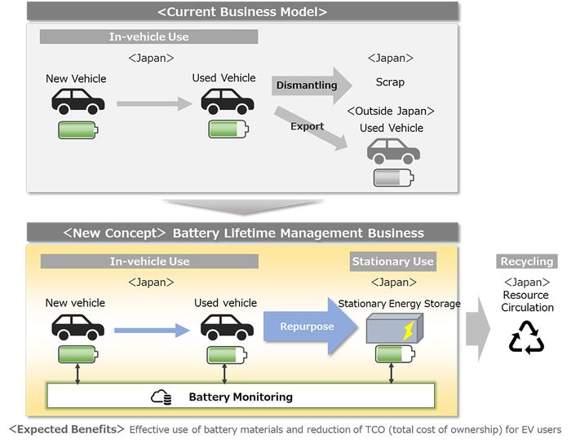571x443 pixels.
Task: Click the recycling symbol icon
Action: click(526, 337)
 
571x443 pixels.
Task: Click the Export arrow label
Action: click(307, 126)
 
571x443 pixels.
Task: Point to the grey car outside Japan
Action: click(393, 151)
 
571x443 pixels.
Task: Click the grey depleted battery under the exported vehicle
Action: click(394, 178)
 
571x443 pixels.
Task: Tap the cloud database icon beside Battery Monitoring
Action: click(162, 397)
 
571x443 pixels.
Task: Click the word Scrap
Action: click(390, 82)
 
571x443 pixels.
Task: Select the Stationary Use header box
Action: click(392, 261)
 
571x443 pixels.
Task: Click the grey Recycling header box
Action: click(526, 261)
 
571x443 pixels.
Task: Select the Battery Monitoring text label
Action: click(240, 397)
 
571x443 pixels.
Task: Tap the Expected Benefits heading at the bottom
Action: click(66, 429)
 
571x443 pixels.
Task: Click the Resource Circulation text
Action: click(527, 301)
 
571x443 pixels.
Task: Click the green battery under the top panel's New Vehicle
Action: click(78, 129)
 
